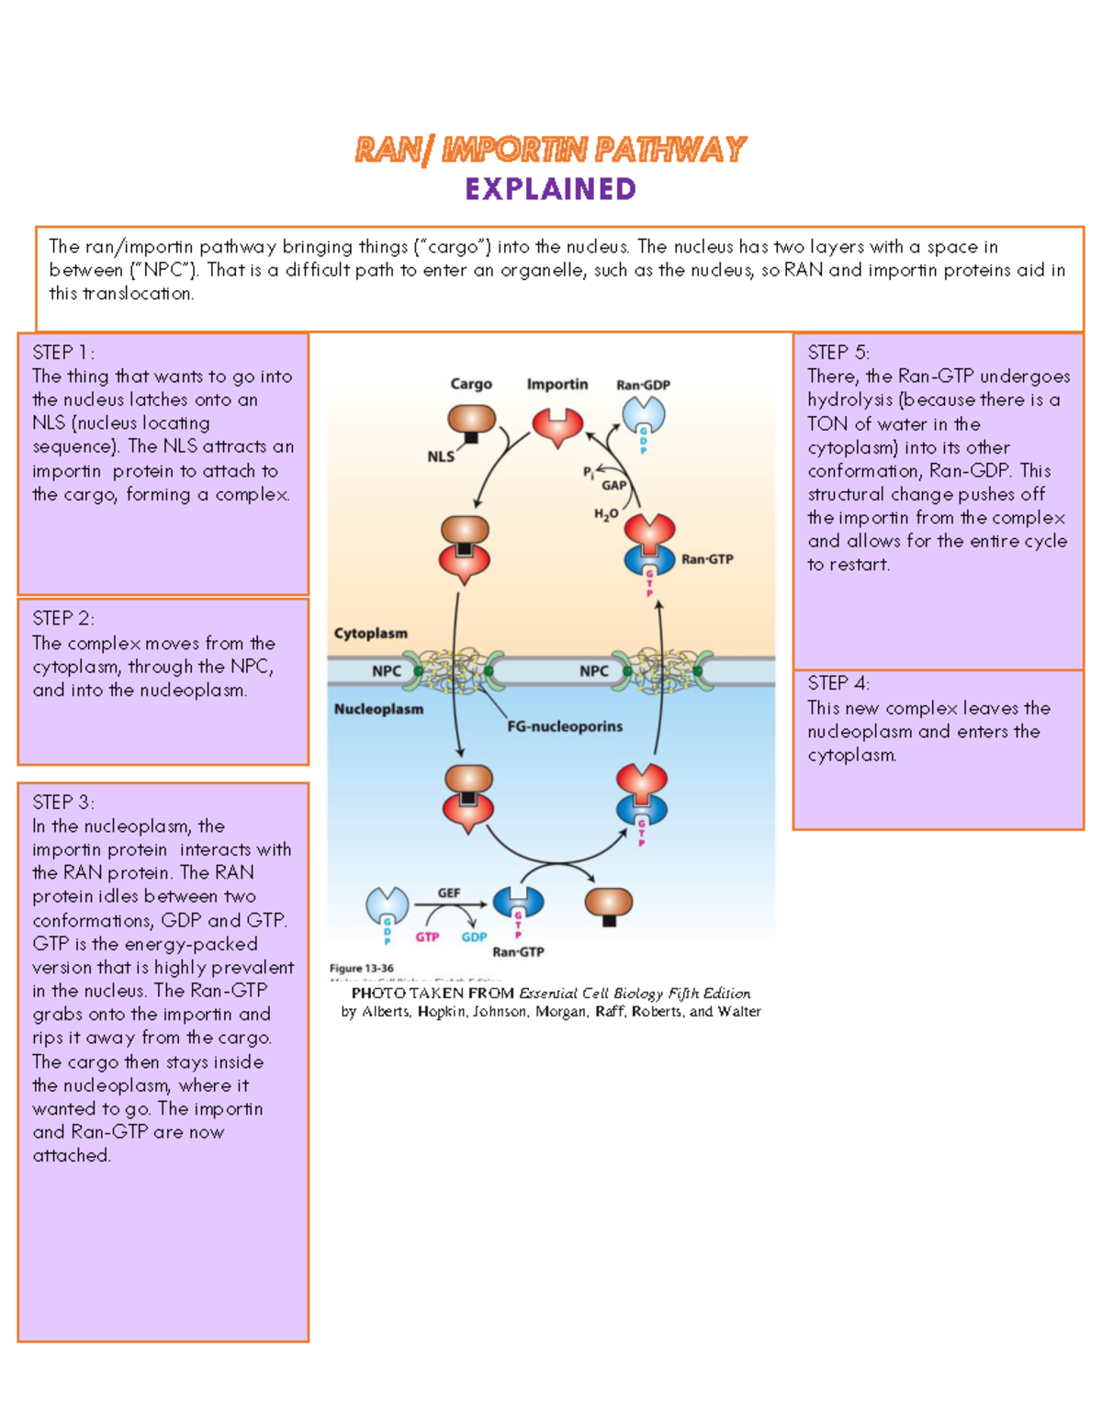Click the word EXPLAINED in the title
tap(550, 189)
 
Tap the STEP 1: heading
tap(63, 353)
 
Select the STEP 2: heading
tap(63, 618)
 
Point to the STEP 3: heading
tap(63, 802)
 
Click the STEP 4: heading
tap(838, 683)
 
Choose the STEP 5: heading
tap(838, 353)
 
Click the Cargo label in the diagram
tap(471, 384)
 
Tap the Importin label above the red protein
tap(557, 384)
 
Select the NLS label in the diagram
tap(441, 456)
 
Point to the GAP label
tap(613, 485)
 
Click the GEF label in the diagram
tap(449, 893)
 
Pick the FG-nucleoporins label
tap(565, 726)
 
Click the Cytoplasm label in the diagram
tap(371, 634)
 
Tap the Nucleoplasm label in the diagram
tap(378, 709)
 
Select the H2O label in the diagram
tap(605, 514)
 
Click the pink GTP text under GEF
tap(427, 937)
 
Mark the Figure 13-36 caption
tap(361, 968)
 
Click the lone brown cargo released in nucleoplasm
tap(608, 904)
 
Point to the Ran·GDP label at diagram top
tap(643, 385)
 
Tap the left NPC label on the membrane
tap(387, 671)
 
